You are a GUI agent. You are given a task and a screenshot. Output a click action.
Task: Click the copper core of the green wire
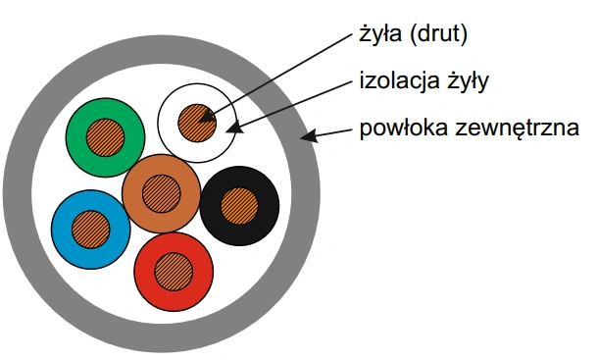tap(106, 137)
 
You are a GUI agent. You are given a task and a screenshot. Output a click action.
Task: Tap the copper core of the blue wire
tap(90, 230)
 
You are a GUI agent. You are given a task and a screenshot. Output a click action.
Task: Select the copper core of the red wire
tap(174, 272)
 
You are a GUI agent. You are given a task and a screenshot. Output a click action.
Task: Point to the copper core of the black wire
tap(239, 206)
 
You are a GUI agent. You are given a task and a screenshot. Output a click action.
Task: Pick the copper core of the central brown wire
tap(161, 193)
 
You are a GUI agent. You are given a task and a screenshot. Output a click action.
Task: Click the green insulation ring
tap(75, 137)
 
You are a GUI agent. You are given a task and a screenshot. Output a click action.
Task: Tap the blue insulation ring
tap(61, 230)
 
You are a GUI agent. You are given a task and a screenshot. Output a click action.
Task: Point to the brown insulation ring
tap(131, 193)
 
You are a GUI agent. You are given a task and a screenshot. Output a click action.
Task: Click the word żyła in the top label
tap(380, 34)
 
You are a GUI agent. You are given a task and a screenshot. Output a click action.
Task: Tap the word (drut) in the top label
tap(438, 34)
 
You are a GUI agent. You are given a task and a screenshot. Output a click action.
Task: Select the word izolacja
tap(398, 81)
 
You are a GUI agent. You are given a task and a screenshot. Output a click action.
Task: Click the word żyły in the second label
tap(468, 81)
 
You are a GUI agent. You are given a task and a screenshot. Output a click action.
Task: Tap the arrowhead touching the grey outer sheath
tap(309, 135)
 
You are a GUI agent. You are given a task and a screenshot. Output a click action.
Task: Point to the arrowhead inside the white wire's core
tap(207, 116)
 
